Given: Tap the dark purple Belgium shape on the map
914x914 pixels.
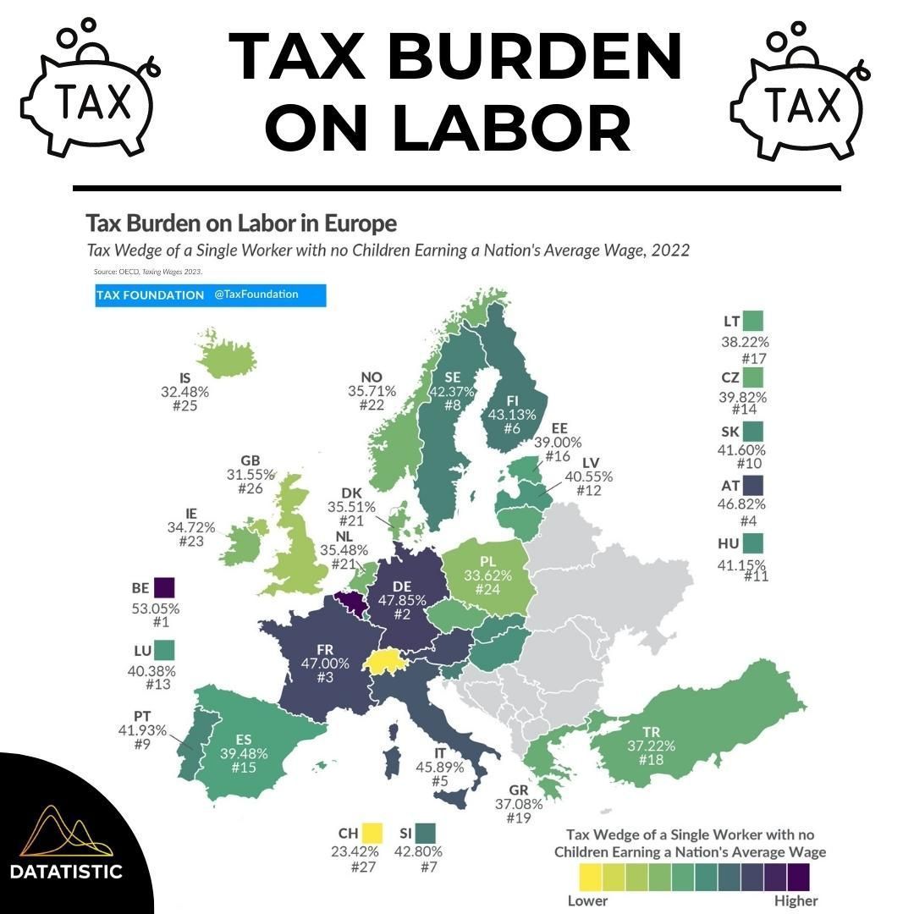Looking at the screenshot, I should (350, 603).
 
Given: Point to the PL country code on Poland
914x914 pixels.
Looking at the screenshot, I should (487, 561).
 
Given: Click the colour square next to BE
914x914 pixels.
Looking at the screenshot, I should (163, 587).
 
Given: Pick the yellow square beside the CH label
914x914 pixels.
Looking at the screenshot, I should (371, 833).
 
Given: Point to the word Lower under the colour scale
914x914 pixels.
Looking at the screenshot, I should (586, 900).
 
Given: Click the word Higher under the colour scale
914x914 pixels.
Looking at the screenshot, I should (796, 900).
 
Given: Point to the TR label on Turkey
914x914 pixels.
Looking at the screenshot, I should (652, 731).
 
